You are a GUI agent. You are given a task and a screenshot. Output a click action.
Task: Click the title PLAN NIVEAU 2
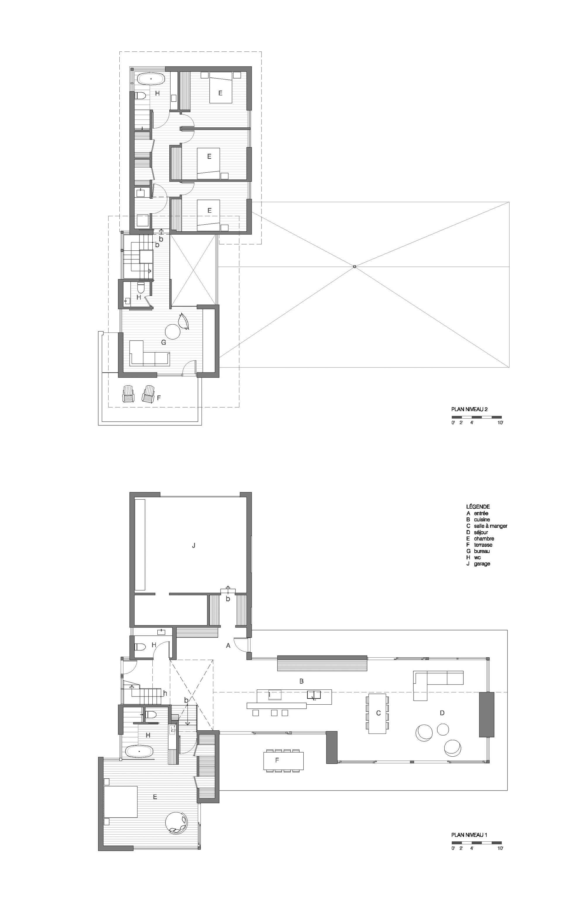pos(469,409)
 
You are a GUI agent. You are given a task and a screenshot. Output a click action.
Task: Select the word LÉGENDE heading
pos(478,507)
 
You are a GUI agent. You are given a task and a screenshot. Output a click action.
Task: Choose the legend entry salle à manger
pos(487,526)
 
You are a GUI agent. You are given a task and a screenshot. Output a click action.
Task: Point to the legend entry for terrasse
pos(479,545)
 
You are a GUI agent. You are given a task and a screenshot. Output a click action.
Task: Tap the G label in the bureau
pos(164,342)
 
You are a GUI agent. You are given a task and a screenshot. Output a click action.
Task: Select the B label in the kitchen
pos(301,681)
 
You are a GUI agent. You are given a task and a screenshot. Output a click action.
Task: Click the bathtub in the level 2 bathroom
pos(151,79)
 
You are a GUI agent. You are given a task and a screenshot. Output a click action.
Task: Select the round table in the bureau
pos(174,332)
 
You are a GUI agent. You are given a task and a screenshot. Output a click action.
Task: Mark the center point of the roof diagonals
pos(355,267)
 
